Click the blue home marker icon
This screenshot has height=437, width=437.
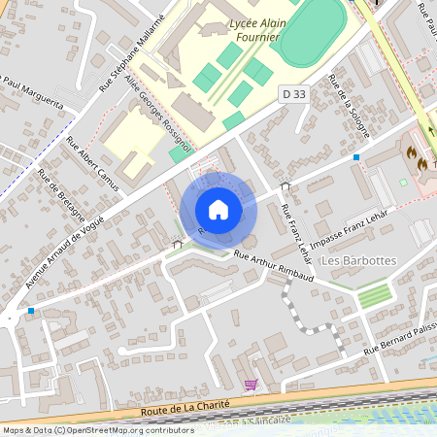218,210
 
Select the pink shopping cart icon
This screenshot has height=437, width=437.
252,386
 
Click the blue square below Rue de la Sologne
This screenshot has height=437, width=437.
357,156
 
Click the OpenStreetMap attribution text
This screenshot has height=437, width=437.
99,430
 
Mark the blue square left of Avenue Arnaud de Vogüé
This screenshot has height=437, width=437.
32,311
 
